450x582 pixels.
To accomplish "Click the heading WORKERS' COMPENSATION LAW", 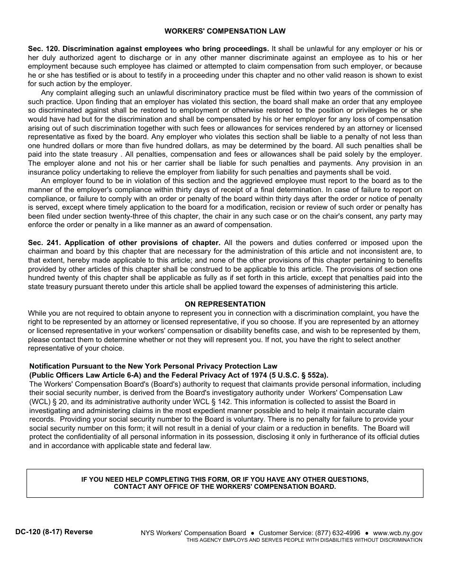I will pyautogui.click(x=225, y=31).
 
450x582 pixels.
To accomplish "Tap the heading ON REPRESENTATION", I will pyautogui.click(x=225, y=304).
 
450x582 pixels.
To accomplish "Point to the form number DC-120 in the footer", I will pyautogui.click(x=27, y=532).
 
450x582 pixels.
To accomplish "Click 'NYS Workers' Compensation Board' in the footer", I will pyautogui.click(x=193, y=533).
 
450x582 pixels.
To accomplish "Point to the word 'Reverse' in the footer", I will pyautogui.click(x=79, y=532).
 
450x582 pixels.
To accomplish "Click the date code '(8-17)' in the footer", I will pyautogui.click(x=52, y=532).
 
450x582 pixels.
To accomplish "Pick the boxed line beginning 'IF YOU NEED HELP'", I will pyautogui.click(x=225, y=479).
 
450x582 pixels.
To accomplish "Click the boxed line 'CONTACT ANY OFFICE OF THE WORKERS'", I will pyautogui.click(x=225, y=487).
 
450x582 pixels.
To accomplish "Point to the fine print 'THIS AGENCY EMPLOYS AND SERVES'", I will pyautogui.click(x=304, y=540).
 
